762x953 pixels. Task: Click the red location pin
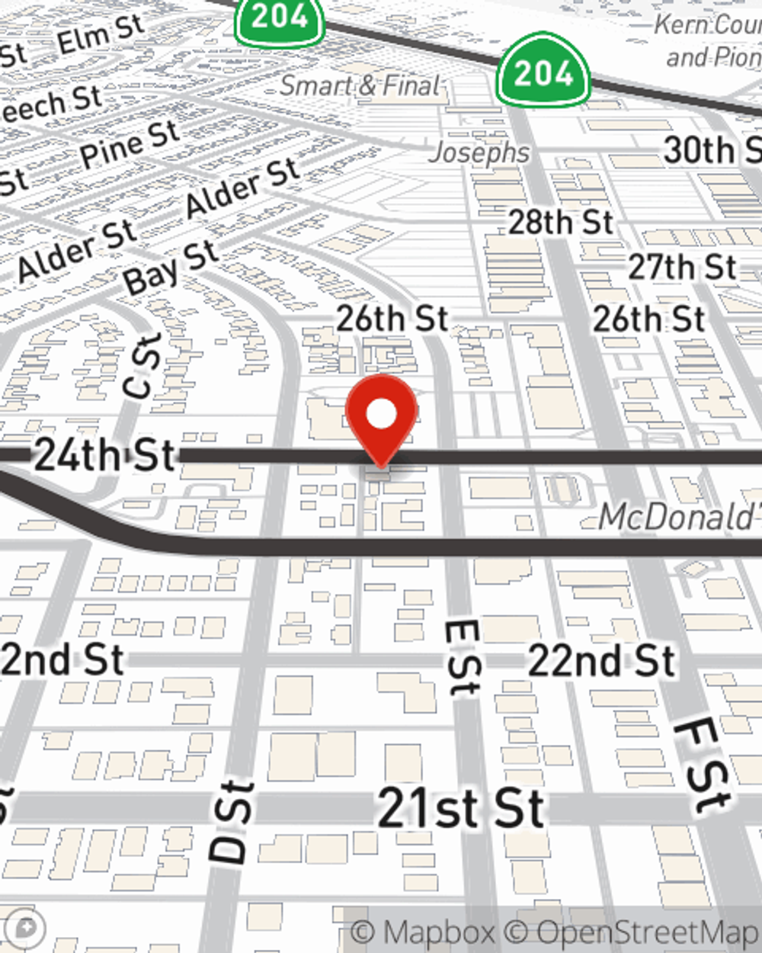click(x=381, y=416)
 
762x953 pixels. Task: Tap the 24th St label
click(x=105, y=455)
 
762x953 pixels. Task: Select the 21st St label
click(x=461, y=808)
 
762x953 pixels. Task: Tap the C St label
click(x=142, y=367)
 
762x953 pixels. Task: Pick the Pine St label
click(x=130, y=144)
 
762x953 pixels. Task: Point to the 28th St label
click(x=560, y=222)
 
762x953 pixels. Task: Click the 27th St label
click(x=682, y=268)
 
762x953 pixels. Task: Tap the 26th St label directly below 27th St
click(x=649, y=319)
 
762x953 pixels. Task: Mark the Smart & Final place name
click(x=360, y=85)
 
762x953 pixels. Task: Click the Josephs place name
click(x=479, y=152)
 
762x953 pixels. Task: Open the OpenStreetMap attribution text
click(x=648, y=932)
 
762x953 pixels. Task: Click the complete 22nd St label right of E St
click(x=602, y=659)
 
